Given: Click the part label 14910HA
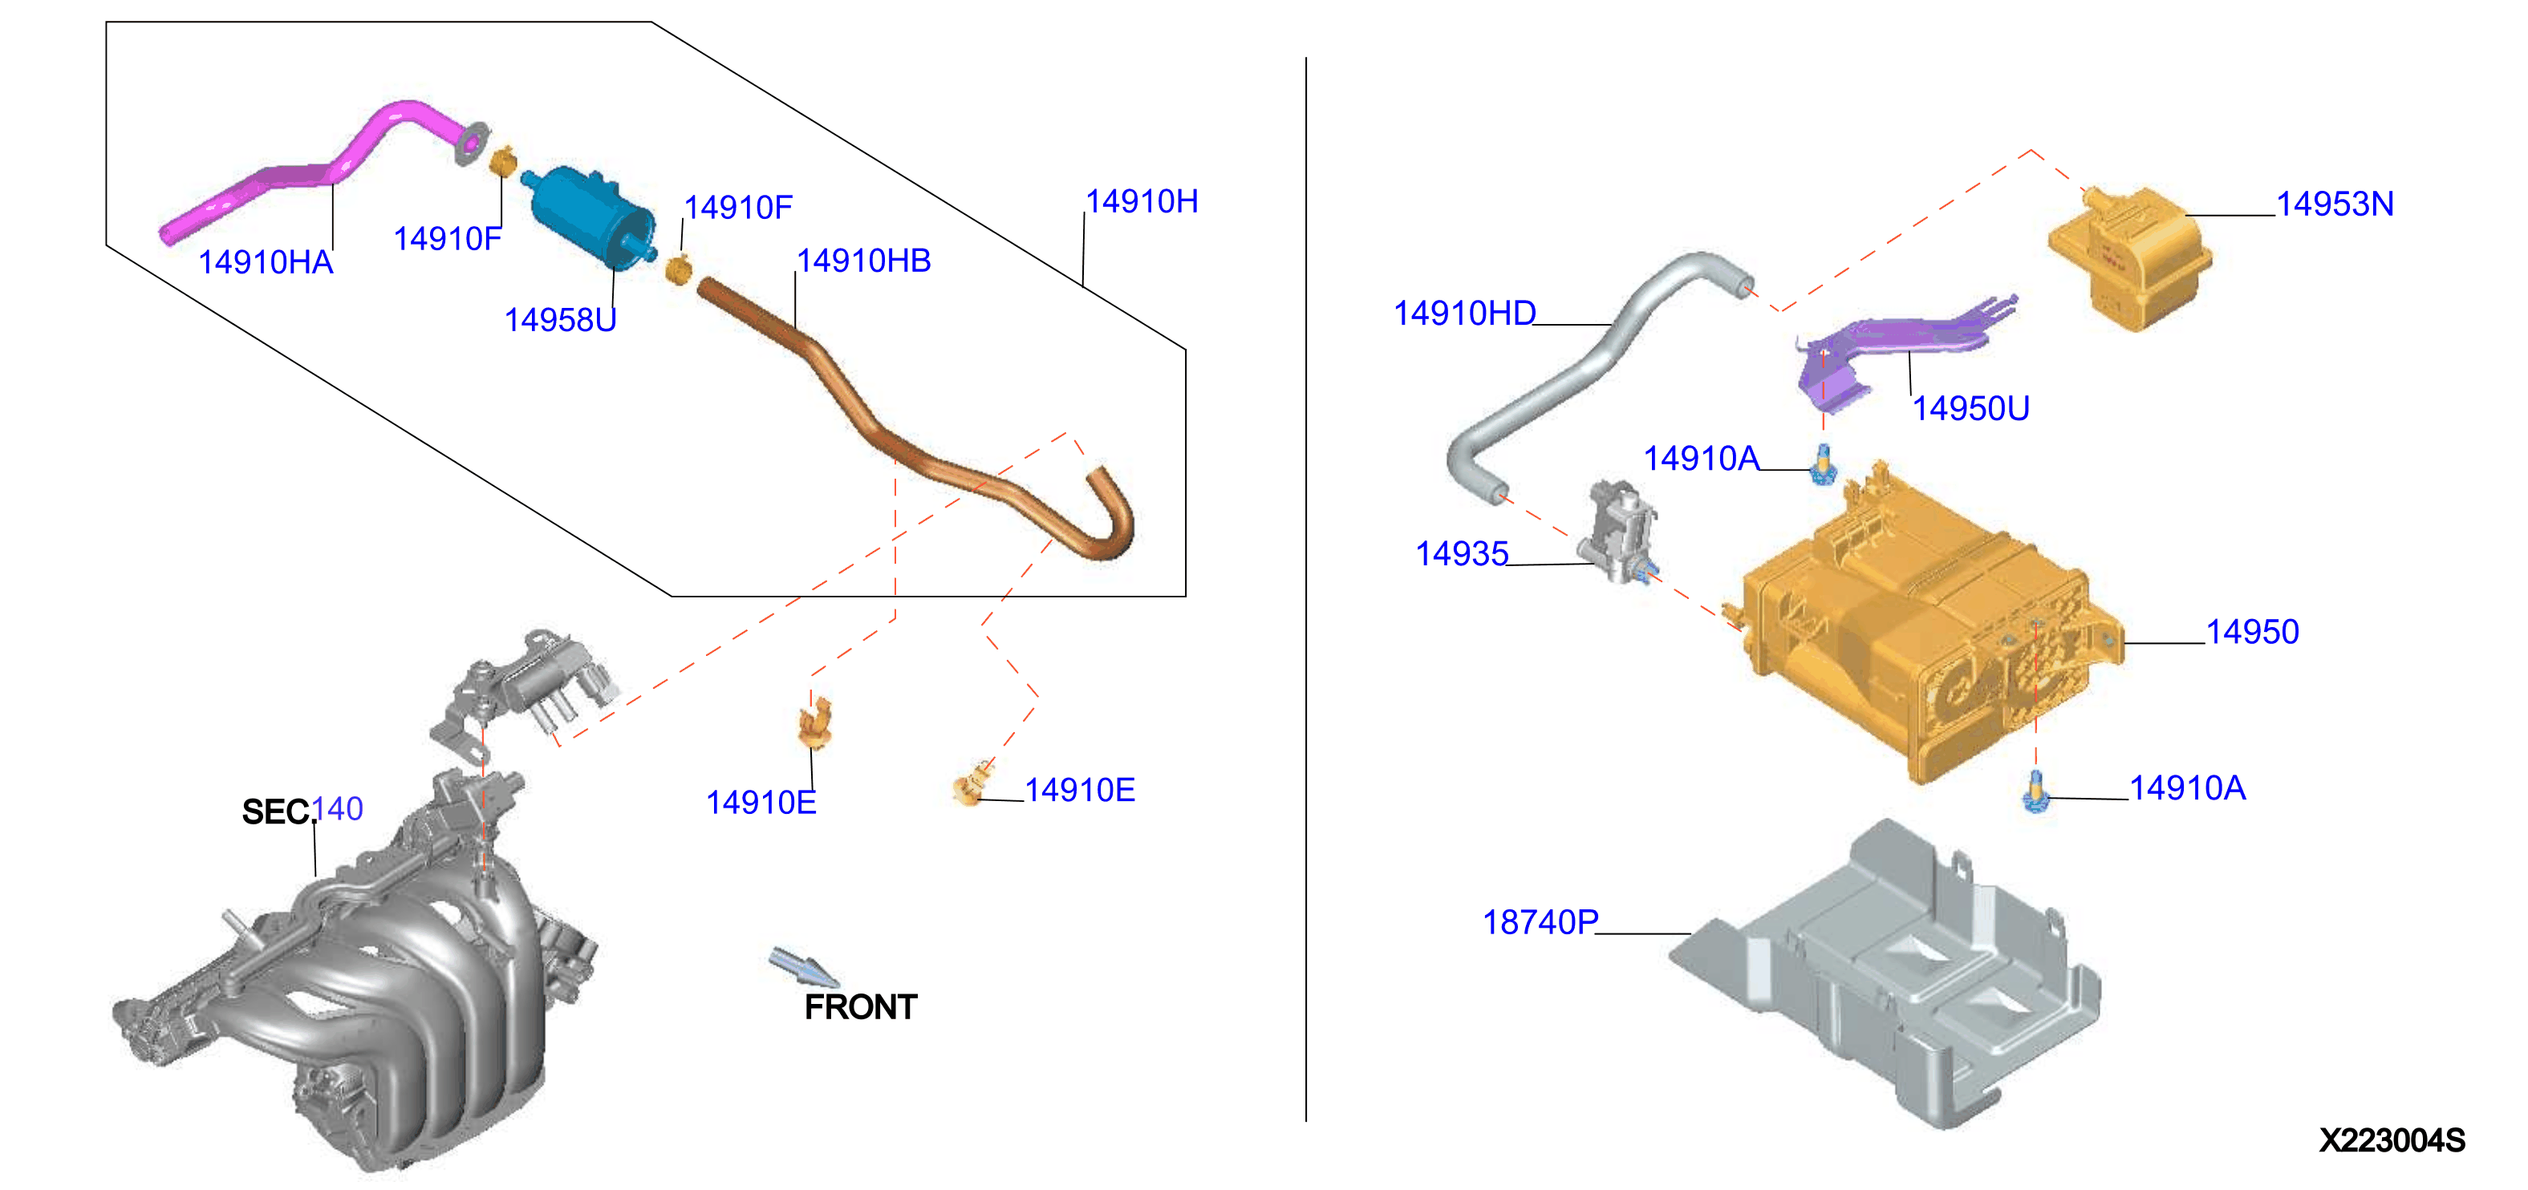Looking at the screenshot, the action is [x=266, y=262].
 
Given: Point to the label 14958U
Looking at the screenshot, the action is [x=560, y=320].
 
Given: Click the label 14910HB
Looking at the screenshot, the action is [x=863, y=261].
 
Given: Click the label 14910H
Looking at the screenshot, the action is [x=1142, y=201].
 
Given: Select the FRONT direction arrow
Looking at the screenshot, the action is [x=804, y=966].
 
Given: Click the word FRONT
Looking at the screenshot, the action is [x=861, y=1007].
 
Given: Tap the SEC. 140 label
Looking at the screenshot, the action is [x=302, y=811].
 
